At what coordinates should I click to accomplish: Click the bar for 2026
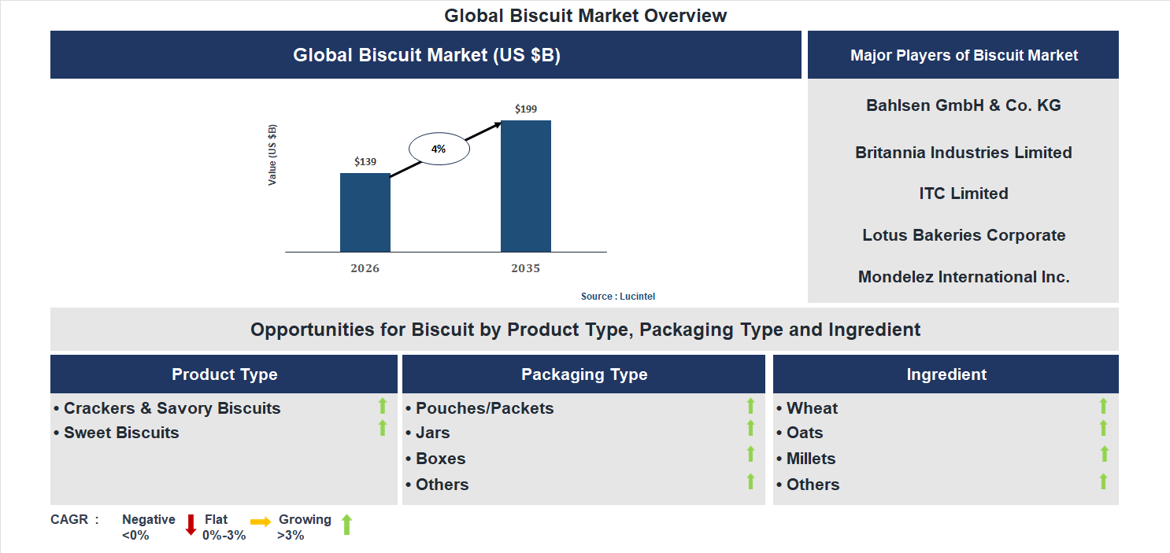(x=365, y=212)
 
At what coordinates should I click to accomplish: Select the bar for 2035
(x=525, y=186)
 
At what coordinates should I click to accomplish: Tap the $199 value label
(x=525, y=109)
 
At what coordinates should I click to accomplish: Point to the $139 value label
(x=365, y=162)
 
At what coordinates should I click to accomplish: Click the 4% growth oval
(x=439, y=149)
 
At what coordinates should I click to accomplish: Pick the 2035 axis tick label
(x=525, y=269)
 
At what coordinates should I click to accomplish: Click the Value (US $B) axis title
(x=272, y=155)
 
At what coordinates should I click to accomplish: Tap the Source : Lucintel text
(x=618, y=297)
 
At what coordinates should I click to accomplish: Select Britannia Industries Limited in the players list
(x=963, y=153)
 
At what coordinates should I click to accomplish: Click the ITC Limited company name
(x=963, y=194)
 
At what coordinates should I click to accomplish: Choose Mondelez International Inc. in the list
(x=963, y=277)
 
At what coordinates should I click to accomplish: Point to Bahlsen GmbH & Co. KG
(x=963, y=105)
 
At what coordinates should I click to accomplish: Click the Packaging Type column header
(x=583, y=374)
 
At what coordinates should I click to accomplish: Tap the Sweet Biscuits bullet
(x=121, y=433)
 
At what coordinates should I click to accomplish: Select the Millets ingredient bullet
(x=811, y=459)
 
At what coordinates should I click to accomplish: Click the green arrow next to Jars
(x=750, y=429)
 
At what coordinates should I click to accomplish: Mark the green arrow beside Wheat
(x=1103, y=406)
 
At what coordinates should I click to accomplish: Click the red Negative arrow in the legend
(x=190, y=525)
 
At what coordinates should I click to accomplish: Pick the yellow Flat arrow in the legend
(x=260, y=522)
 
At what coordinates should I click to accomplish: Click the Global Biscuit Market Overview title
(x=585, y=16)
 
